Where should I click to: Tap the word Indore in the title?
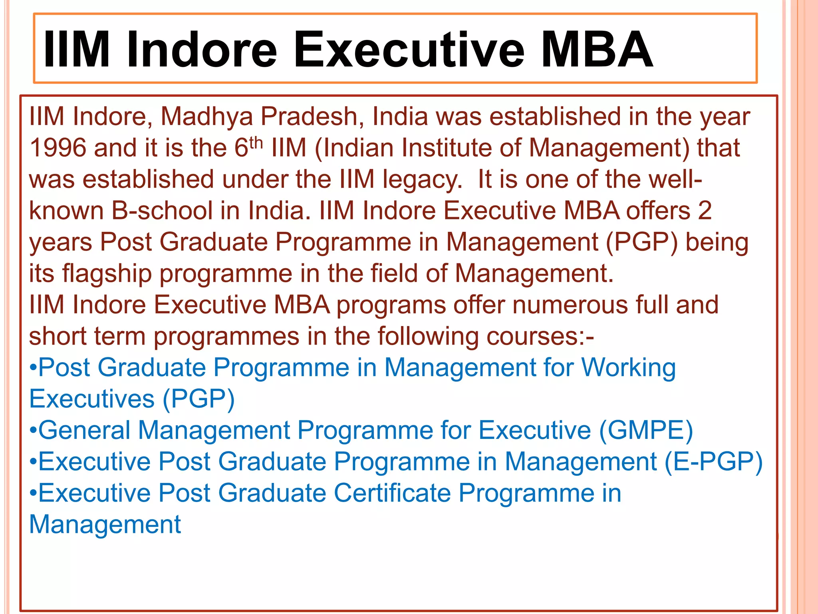[202, 50]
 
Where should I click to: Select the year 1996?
[58, 148]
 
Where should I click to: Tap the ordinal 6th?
[248, 147]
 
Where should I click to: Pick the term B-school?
[162, 211]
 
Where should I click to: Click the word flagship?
[107, 274]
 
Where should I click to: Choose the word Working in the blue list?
[628, 368]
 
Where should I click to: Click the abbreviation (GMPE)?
[646, 431]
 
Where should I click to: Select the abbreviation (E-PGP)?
[714, 462]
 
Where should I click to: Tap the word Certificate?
[392, 493]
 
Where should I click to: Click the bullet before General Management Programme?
[34, 431]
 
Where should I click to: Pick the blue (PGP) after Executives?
[199, 399]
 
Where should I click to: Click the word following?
[428, 337]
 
